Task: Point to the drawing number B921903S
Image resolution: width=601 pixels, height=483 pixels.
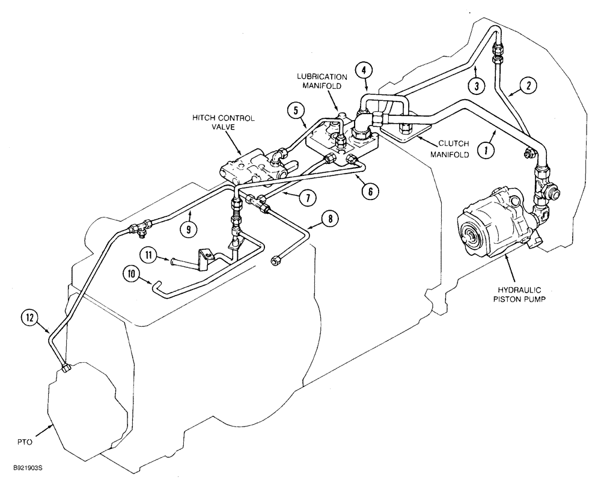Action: (x=25, y=466)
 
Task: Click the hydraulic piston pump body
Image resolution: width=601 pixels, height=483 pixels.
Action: (x=493, y=228)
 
